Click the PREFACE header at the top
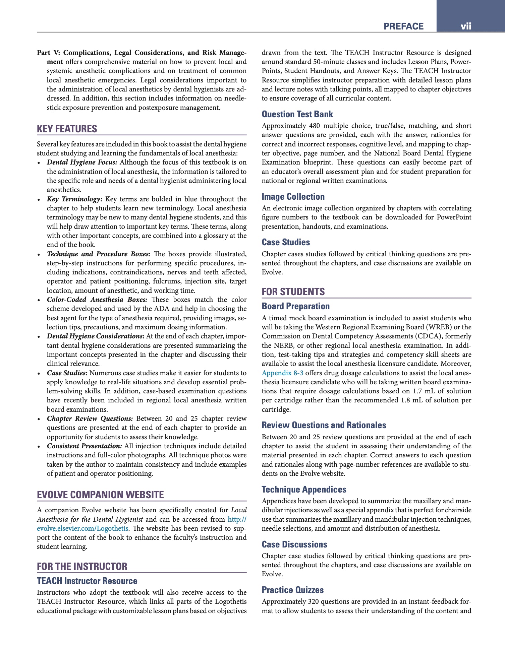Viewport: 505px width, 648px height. coord(403,26)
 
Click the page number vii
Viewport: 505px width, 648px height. coord(466,26)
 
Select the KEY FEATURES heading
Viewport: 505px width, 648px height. coord(67,129)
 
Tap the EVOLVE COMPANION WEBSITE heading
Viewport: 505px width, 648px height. coord(100,495)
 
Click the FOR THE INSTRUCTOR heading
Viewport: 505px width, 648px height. coord(82,567)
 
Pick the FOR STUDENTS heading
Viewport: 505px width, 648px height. coord(293,291)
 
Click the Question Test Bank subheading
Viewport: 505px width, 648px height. coord(297,114)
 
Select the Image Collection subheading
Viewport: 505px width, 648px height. coord(293,197)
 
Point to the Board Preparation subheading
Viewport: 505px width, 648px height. coord(295,306)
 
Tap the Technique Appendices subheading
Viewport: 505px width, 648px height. coord(304,490)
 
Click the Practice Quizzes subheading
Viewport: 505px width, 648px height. coord(293,590)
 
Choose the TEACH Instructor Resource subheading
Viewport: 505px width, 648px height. coord(87,581)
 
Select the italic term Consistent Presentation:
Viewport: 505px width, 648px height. coord(84,446)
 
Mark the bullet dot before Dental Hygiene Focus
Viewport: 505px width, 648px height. coord(39,163)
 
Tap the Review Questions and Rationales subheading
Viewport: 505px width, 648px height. coord(324,425)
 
